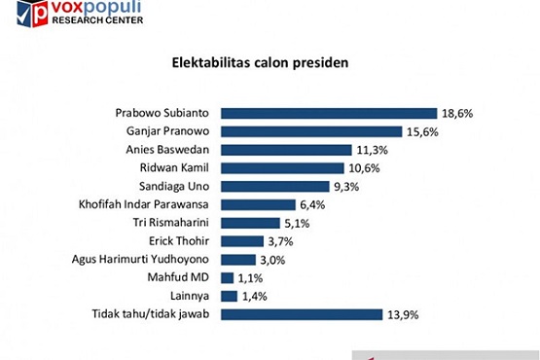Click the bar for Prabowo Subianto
(x=329, y=113)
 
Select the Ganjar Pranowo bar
(x=311, y=131)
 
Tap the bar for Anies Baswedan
(x=286, y=150)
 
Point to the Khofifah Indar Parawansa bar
(x=258, y=204)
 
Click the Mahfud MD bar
(x=228, y=277)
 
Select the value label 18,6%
(x=457, y=113)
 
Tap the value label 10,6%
(x=365, y=167)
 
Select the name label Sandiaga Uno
(x=180, y=186)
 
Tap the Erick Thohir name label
(x=183, y=240)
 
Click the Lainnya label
(x=193, y=295)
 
